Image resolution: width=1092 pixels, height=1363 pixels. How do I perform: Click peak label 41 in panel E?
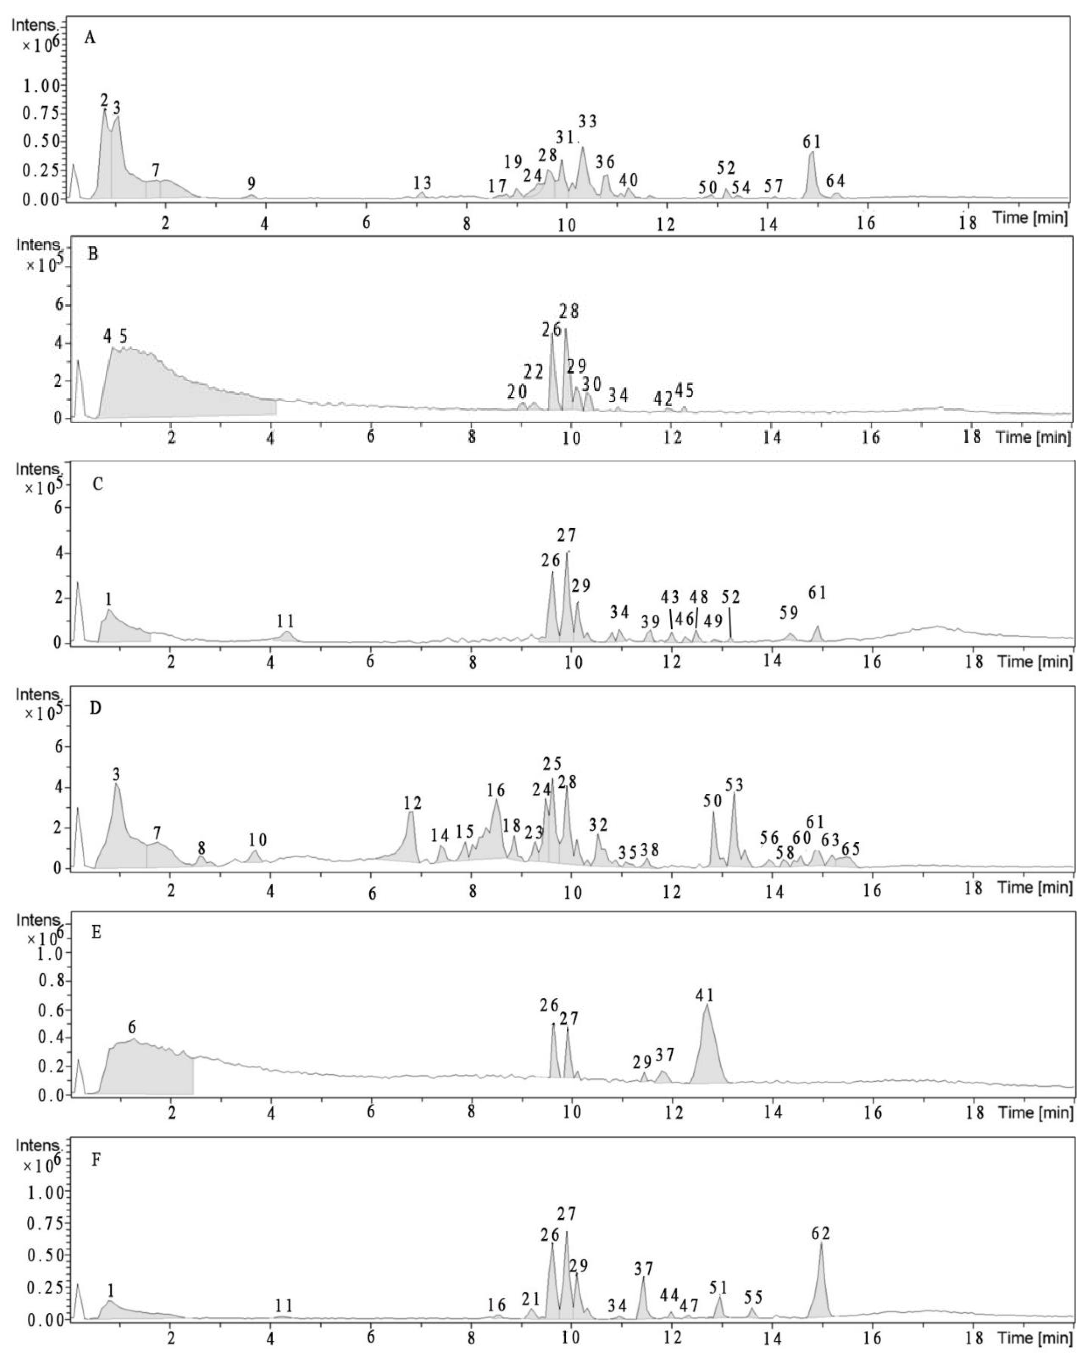[x=704, y=995]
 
